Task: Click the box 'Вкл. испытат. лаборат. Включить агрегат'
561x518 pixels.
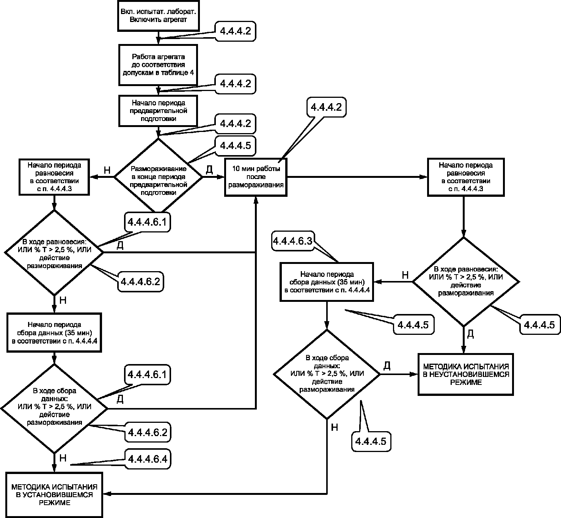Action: [x=159, y=16]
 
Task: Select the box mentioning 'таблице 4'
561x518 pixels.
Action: [x=158, y=65]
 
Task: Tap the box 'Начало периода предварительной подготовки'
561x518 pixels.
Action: [x=158, y=111]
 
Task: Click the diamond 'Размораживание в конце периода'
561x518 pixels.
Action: [x=159, y=177]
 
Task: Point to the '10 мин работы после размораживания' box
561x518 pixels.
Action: [x=256, y=177]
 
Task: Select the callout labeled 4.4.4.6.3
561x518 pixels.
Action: [x=293, y=241]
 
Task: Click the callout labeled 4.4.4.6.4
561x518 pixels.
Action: [x=148, y=459]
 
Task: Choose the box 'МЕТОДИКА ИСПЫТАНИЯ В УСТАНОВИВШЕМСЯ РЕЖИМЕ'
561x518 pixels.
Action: [x=54, y=494]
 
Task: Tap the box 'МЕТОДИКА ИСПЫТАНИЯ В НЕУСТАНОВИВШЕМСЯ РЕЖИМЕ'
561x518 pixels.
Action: [x=466, y=374]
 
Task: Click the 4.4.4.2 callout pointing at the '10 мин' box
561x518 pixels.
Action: [x=326, y=107]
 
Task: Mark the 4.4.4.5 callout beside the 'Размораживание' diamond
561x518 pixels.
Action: [x=235, y=146]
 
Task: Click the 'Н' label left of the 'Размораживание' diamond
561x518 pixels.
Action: [x=107, y=170]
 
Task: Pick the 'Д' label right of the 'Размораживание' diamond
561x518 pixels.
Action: [x=209, y=170]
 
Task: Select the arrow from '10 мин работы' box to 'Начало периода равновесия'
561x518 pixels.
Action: [x=357, y=177]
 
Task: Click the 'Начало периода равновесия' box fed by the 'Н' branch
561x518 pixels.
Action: [x=54, y=177]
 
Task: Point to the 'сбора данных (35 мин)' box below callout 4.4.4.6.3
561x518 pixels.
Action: [x=327, y=282]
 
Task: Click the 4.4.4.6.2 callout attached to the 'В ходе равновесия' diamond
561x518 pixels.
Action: [x=140, y=281]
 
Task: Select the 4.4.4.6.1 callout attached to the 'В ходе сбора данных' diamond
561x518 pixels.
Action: [x=147, y=375]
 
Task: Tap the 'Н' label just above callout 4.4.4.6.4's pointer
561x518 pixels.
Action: [x=63, y=458]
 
